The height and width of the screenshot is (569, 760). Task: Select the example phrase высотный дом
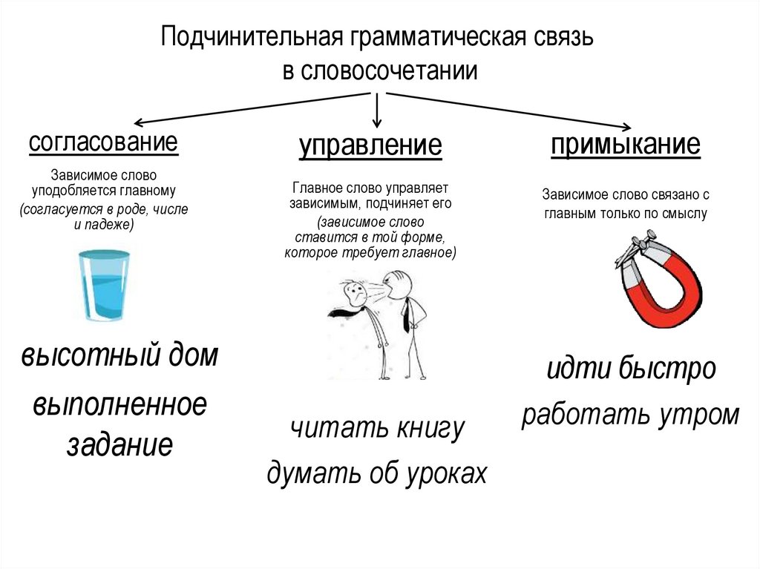(119, 356)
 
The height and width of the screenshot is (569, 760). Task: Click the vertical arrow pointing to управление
(377, 110)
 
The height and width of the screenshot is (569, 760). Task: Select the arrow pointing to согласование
(252, 108)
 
